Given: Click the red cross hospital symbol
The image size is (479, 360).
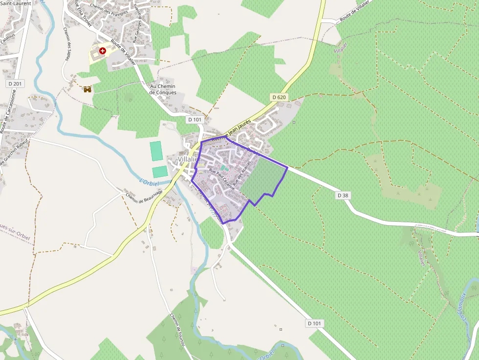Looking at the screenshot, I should [x=103, y=50].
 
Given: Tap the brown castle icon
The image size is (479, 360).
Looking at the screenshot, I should [x=87, y=89].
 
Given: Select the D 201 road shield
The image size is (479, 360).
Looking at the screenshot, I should [x=16, y=84].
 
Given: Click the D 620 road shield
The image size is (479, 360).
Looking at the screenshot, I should [x=279, y=97].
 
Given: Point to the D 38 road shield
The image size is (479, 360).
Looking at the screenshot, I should [x=343, y=195].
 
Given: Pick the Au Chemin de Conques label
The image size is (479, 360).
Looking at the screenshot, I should [x=163, y=89].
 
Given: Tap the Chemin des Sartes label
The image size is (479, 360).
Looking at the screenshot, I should [x=67, y=44].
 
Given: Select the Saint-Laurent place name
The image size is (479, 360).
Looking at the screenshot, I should [x=16, y=3].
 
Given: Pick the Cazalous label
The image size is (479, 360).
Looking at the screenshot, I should [x=8, y=38].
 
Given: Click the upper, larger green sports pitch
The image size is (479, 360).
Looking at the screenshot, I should [x=156, y=151].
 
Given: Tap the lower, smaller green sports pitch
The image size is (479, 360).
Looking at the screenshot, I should [x=160, y=172].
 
